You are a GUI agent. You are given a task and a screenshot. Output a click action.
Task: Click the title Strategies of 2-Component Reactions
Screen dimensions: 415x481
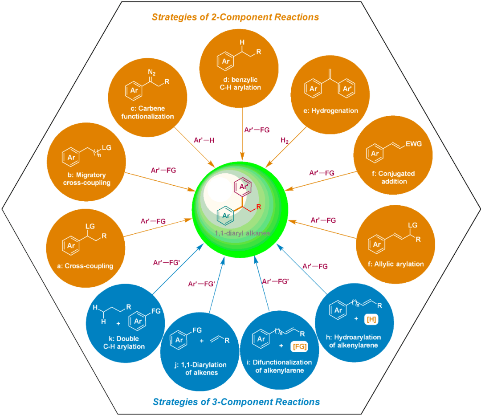(x=235, y=17)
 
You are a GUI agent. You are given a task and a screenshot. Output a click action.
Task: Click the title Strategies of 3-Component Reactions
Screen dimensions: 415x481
(x=236, y=402)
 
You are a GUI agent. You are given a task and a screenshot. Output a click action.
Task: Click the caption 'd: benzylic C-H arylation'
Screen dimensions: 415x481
(x=240, y=83)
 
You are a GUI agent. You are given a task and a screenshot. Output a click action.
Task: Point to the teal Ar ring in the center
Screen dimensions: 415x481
(x=226, y=216)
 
